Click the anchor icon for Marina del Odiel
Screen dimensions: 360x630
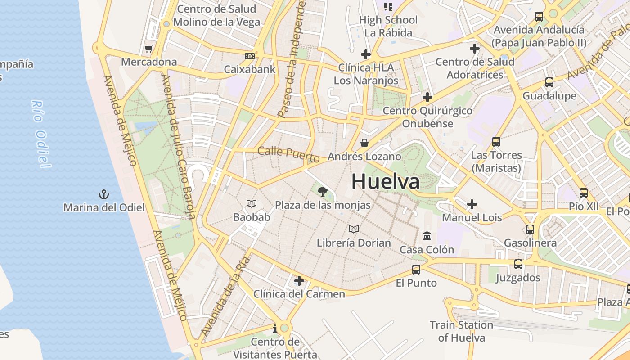104,194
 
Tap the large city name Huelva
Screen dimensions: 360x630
385,181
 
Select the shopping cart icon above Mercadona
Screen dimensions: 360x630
148,49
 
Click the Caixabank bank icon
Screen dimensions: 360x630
249,56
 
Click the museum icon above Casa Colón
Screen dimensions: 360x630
427,236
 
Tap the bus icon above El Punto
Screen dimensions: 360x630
416,270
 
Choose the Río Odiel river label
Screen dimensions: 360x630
40,134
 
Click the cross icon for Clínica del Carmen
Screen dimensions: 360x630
299,281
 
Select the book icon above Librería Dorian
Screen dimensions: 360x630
354,229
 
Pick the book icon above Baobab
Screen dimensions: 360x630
252,204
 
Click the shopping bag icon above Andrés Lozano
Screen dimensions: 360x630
364,143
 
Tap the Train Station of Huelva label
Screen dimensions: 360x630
461,331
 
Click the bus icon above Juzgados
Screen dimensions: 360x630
518,264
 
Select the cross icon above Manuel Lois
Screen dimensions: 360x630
472,205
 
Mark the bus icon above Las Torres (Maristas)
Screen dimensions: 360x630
496,142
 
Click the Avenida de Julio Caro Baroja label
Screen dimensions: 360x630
179,146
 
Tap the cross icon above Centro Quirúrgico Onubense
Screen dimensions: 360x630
427,97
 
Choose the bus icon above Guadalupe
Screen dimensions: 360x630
549,82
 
